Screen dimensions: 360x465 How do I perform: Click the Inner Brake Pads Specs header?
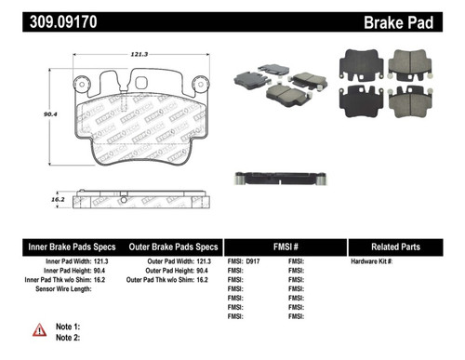point(72,247)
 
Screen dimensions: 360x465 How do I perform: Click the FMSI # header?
point(286,247)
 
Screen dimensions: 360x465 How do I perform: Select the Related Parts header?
point(403,247)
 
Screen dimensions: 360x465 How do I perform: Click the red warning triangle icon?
point(40,331)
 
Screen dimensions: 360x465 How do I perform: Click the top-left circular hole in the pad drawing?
point(82,84)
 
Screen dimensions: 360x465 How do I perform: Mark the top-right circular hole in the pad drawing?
point(198,84)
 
